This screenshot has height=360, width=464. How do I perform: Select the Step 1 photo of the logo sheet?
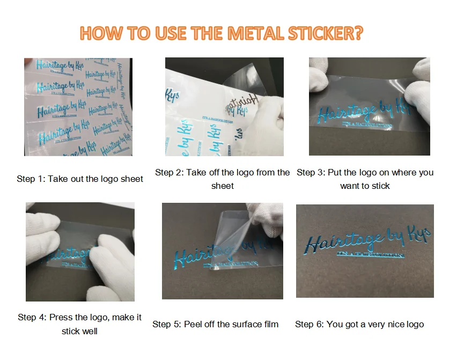(x=78, y=107)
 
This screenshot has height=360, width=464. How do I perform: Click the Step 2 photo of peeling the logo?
(x=224, y=107)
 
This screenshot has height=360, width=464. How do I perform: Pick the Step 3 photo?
(x=369, y=106)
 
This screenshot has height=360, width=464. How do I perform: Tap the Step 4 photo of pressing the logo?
(x=80, y=252)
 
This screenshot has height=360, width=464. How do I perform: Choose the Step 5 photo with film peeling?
(x=222, y=251)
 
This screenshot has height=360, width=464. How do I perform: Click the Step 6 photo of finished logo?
(x=365, y=251)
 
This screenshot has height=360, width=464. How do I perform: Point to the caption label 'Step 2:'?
(x=168, y=172)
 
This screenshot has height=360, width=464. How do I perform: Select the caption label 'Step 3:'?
(x=310, y=172)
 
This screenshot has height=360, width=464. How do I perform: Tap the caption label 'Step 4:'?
(x=31, y=317)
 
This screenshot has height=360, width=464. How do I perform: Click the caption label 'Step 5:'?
(x=166, y=324)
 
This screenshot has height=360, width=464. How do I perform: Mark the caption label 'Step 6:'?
(x=308, y=324)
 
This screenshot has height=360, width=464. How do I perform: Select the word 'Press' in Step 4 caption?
(x=61, y=317)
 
